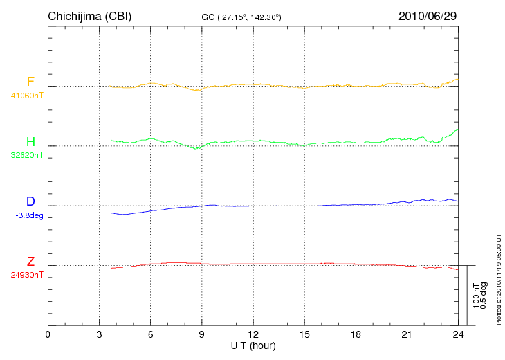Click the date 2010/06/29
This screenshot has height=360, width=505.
(428, 15)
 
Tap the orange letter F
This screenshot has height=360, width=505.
(30, 82)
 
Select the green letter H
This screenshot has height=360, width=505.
(30, 143)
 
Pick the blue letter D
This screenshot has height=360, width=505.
(30, 202)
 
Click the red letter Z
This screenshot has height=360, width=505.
(30, 262)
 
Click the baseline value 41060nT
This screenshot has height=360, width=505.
(27, 96)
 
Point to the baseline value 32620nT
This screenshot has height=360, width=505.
(27, 155)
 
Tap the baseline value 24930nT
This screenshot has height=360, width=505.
(27, 275)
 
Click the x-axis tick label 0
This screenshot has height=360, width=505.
(48, 335)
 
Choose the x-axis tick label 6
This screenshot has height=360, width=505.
(150, 335)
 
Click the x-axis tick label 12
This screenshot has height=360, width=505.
(253, 335)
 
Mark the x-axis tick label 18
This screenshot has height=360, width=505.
(356, 335)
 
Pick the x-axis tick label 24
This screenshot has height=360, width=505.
(458, 335)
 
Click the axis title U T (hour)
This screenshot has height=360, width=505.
(253, 345)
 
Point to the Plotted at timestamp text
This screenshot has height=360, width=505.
(498, 277)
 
